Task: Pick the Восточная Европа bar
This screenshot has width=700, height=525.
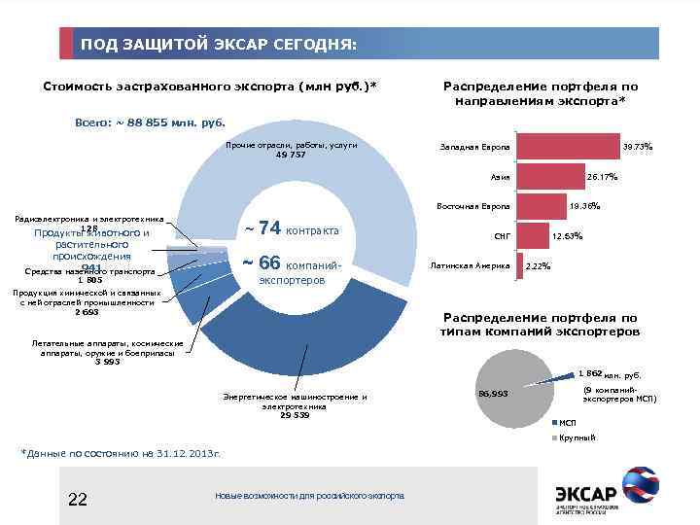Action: coord(540,206)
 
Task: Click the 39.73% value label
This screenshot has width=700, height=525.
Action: coord(637,147)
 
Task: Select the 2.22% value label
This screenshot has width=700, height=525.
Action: coord(538,266)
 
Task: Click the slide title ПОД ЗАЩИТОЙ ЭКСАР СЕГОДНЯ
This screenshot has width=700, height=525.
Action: coord(219,45)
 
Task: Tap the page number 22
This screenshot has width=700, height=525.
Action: coord(78,499)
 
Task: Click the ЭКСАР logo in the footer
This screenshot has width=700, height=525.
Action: coord(605,490)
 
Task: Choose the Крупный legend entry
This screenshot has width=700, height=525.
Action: coord(574,437)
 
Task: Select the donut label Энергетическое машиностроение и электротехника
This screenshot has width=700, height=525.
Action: coord(295,405)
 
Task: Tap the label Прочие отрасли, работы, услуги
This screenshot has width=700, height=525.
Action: coord(291,149)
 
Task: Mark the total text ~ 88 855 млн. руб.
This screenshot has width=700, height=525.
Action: coord(150,123)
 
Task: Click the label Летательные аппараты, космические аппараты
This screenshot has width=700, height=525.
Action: coord(107,352)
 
